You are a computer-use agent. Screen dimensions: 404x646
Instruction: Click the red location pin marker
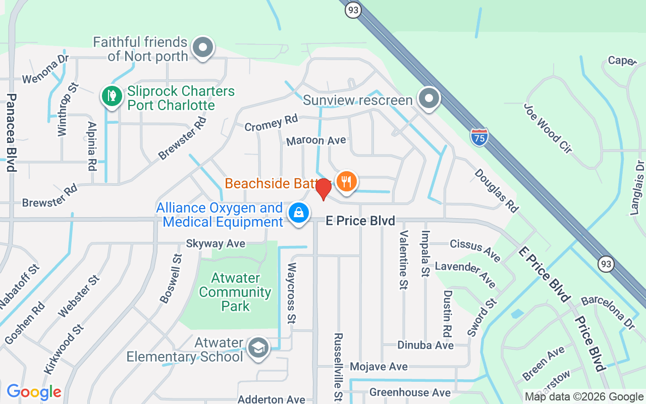323,189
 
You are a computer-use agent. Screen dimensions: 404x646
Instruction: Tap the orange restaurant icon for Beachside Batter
346,181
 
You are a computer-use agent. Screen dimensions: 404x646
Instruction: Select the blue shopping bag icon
299,213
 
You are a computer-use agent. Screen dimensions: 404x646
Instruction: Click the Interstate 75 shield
479,137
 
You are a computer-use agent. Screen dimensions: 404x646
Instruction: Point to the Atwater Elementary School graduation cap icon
258,347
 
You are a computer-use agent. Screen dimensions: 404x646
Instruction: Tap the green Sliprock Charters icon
112,95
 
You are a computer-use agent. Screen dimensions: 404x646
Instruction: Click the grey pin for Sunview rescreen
429,98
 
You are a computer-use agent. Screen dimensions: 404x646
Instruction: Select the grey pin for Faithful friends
203,48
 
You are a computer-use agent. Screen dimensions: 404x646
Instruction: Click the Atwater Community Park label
235,292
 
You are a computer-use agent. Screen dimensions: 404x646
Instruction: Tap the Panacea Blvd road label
12,132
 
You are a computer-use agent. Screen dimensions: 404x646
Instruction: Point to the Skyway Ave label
216,243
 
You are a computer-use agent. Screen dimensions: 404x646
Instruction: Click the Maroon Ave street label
316,140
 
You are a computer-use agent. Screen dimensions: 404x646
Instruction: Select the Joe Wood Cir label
548,128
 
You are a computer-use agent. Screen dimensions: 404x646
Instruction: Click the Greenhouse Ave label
410,392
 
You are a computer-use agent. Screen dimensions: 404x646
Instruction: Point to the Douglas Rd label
496,190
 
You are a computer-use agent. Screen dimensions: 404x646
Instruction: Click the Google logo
34,392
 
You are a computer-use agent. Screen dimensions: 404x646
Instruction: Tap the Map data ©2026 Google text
584,397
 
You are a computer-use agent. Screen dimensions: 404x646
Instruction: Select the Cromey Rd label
271,123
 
